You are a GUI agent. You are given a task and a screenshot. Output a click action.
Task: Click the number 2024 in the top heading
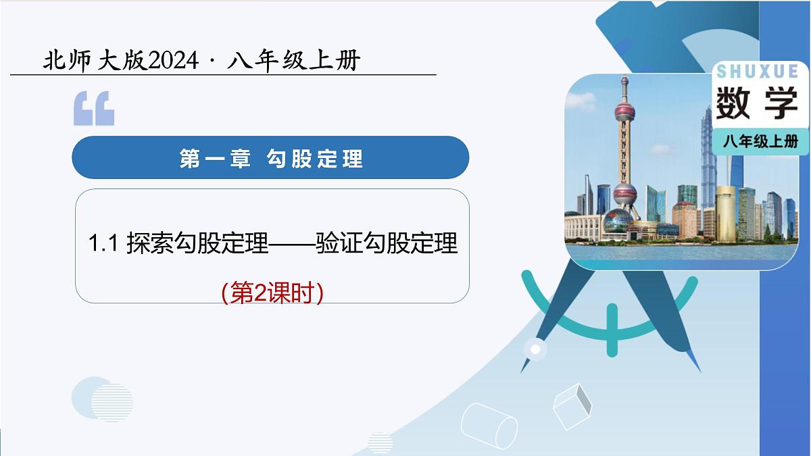(173, 61)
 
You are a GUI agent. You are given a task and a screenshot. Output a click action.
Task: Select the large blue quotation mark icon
(94, 109)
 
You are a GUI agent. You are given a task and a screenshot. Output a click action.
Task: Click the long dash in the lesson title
(293, 244)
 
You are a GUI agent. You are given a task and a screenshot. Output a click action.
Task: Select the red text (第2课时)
(272, 293)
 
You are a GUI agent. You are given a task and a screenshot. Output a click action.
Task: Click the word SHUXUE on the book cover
(756, 72)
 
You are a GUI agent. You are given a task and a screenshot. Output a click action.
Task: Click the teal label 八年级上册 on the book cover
(760, 141)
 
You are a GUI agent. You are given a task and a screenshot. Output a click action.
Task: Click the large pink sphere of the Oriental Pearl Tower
(624, 194)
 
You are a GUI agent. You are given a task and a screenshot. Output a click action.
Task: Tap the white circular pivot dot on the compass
(536, 349)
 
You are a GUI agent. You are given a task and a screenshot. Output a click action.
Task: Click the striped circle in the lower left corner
(112, 403)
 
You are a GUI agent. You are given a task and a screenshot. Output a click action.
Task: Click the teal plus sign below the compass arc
(612, 329)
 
